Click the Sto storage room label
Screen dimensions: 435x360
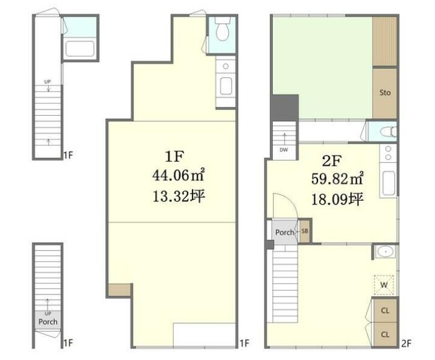coord(385,92)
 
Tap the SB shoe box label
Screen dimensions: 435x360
coord(305,231)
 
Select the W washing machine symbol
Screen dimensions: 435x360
coord(384,285)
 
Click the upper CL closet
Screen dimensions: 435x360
coord(385,311)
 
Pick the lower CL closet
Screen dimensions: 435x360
coord(385,334)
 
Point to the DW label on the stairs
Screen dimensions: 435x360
coord(284,150)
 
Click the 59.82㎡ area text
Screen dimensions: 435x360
coord(337,178)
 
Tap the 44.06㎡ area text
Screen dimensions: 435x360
coord(179,175)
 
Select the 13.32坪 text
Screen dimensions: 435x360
coord(179,196)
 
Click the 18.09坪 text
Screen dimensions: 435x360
coord(337,199)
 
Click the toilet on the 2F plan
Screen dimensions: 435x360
coord(389,131)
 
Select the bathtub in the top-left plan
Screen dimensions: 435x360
coord(80,49)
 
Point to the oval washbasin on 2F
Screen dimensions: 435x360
coord(385,252)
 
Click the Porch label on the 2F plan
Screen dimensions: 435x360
coord(285,232)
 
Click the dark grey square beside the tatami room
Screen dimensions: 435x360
coord(285,107)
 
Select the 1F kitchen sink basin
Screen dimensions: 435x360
coord(226,86)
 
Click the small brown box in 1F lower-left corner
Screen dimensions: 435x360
coord(119,289)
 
